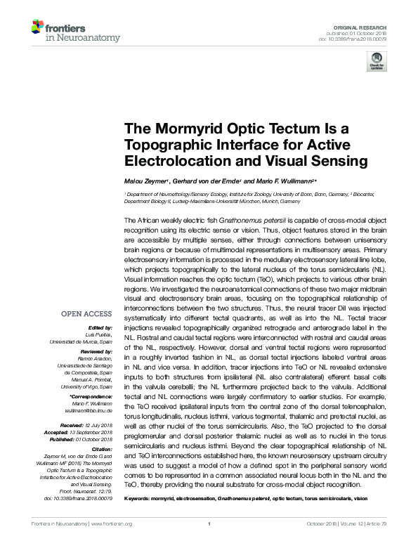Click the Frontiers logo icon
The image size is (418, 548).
[37, 27]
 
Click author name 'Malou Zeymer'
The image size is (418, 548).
[146, 181]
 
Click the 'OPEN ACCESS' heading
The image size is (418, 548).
[86, 314]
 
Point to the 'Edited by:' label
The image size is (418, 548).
[100, 327]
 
